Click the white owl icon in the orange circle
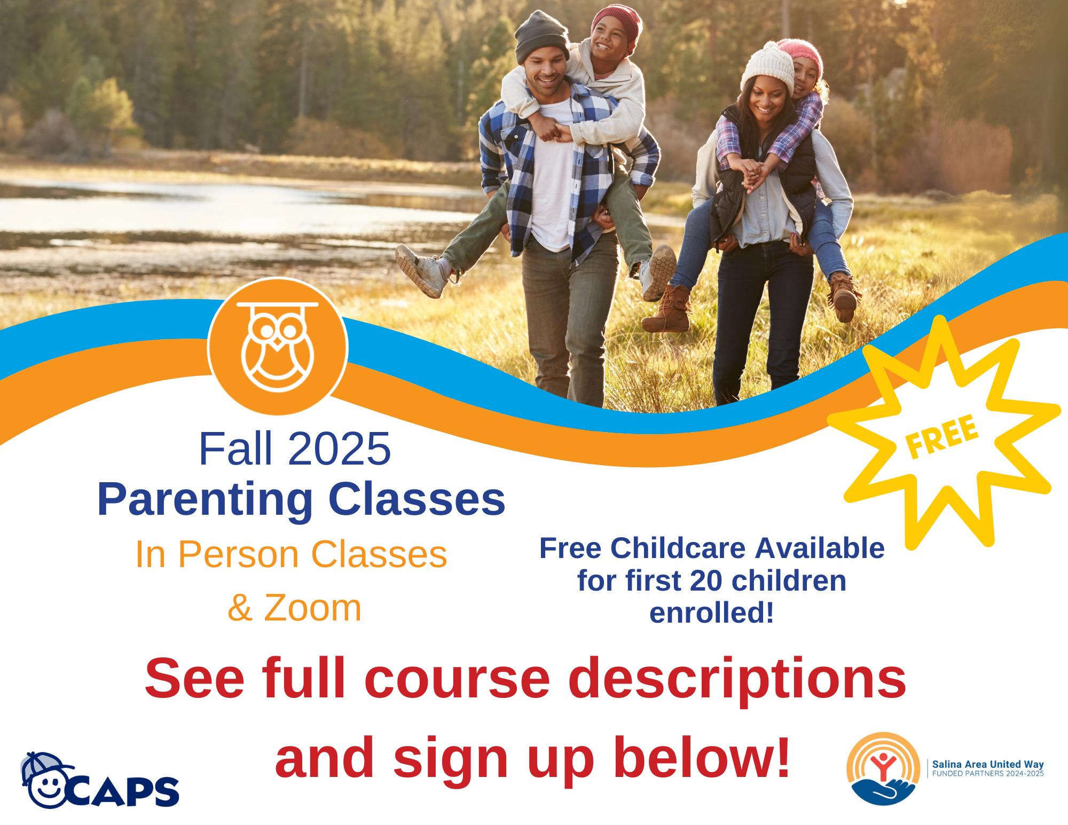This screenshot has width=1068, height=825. (x=277, y=347)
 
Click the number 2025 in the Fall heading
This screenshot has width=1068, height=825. (x=340, y=449)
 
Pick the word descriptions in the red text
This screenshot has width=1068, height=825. (x=737, y=680)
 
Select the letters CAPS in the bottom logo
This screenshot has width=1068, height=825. (x=124, y=791)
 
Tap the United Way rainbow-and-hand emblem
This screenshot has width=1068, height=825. (x=883, y=768)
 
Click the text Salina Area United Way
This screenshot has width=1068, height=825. (x=988, y=764)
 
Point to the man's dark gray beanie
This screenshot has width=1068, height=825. (x=541, y=36)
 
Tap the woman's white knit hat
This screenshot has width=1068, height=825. (x=767, y=68)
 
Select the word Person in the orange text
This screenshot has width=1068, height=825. (x=239, y=554)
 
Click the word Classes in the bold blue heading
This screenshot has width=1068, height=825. (x=417, y=499)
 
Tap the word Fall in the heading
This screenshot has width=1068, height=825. (x=235, y=449)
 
